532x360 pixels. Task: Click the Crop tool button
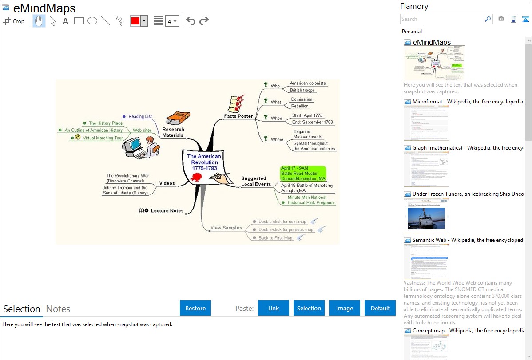point(14,21)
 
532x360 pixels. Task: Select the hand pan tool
point(39,21)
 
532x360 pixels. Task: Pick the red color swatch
point(135,21)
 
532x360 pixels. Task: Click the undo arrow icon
point(191,21)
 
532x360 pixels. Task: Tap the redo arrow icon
point(204,21)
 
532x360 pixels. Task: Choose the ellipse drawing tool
point(92,21)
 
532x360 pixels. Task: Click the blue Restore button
point(195,308)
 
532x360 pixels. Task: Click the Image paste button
point(345,308)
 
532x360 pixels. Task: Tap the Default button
point(380,308)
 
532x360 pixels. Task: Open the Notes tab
point(58,309)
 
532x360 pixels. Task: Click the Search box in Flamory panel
point(442,19)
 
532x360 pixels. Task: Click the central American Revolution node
point(204,162)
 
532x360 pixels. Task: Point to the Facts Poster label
point(238,116)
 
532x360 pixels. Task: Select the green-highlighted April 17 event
point(303,173)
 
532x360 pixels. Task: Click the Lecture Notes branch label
point(167,210)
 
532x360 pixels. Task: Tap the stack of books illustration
point(178,118)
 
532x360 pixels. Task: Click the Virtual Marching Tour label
point(103,138)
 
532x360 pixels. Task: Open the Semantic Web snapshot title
point(468,240)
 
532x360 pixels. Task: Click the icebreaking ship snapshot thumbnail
point(426,215)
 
